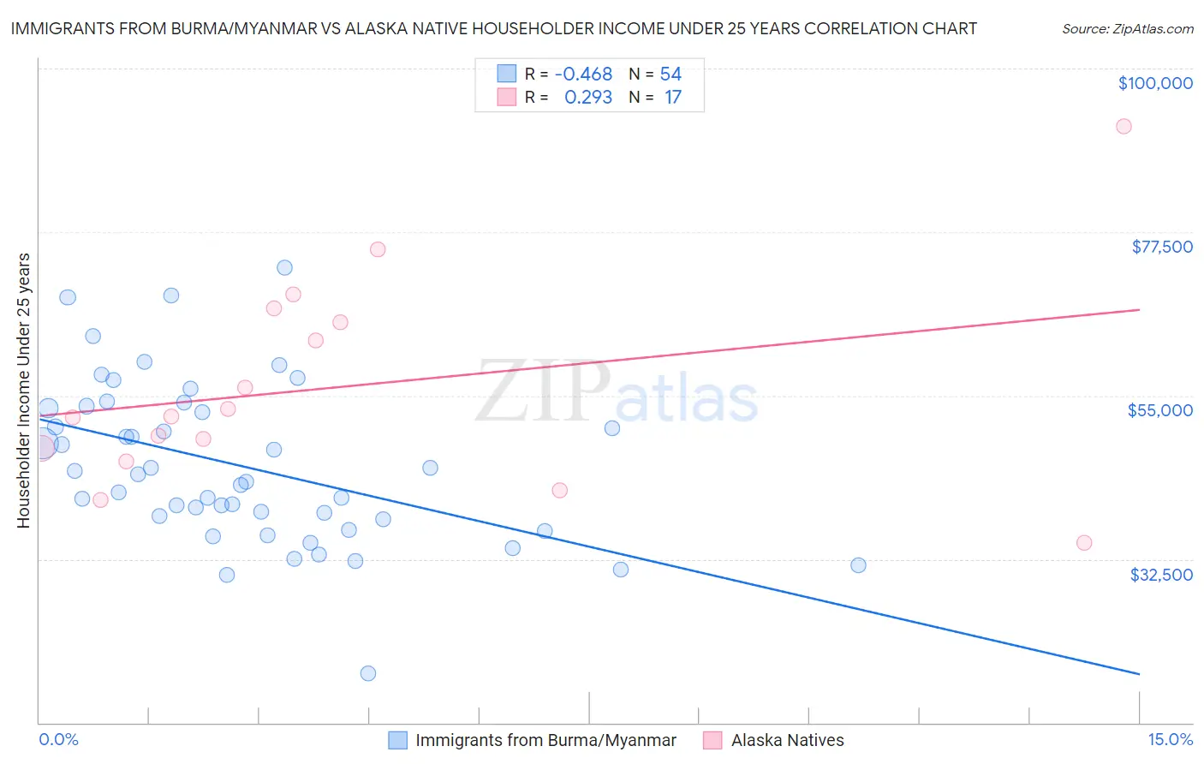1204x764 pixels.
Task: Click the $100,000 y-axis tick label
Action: click(x=1155, y=83)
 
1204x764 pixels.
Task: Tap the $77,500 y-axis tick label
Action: click(x=1162, y=247)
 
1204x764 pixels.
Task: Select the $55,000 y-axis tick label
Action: click(x=1160, y=410)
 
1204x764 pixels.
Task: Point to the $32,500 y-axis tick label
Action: click(x=1161, y=575)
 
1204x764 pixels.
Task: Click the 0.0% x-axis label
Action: click(x=58, y=740)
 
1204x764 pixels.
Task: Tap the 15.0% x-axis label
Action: click(x=1170, y=740)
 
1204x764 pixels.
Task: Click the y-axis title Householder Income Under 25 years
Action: click(x=23, y=391)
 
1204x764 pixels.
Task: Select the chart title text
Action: click(x=493, y=28)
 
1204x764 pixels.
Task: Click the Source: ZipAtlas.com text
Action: click(x=1127, y=29)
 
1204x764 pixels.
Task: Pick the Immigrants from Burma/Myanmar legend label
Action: click(x=545, y=740)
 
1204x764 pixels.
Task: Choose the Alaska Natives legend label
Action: click(x=787, y=740)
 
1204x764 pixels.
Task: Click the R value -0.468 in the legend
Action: click(x=583, y=75)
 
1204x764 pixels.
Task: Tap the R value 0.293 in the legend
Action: click(x=588, y=98)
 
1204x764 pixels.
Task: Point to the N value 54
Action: click(x=671, y=75)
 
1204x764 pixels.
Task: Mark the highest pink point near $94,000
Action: click(x=1124, y=127)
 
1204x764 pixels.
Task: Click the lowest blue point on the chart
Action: click(x=368, y=673)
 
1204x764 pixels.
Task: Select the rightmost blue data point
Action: click(x=858, y=565)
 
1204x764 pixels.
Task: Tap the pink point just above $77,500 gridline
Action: click(x=378, y=249)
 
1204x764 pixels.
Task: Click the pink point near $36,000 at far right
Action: click(x=1084, y=542)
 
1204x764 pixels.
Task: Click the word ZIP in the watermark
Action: click(x=543, y=391)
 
